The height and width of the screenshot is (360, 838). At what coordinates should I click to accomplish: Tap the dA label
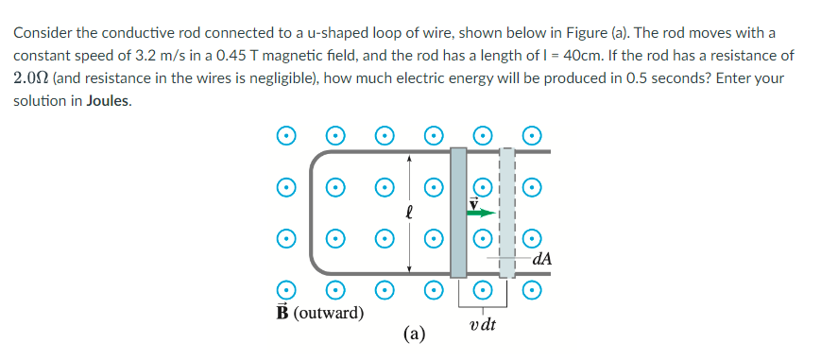coord(542,256)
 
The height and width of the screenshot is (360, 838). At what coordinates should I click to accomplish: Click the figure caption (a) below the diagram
coord(413,333)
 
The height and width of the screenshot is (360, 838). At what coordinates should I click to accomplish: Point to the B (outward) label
coord(320,312)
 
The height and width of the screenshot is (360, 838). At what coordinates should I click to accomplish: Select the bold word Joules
coord(107,101)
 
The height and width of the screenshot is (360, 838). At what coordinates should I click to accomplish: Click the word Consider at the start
coord(43,33)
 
